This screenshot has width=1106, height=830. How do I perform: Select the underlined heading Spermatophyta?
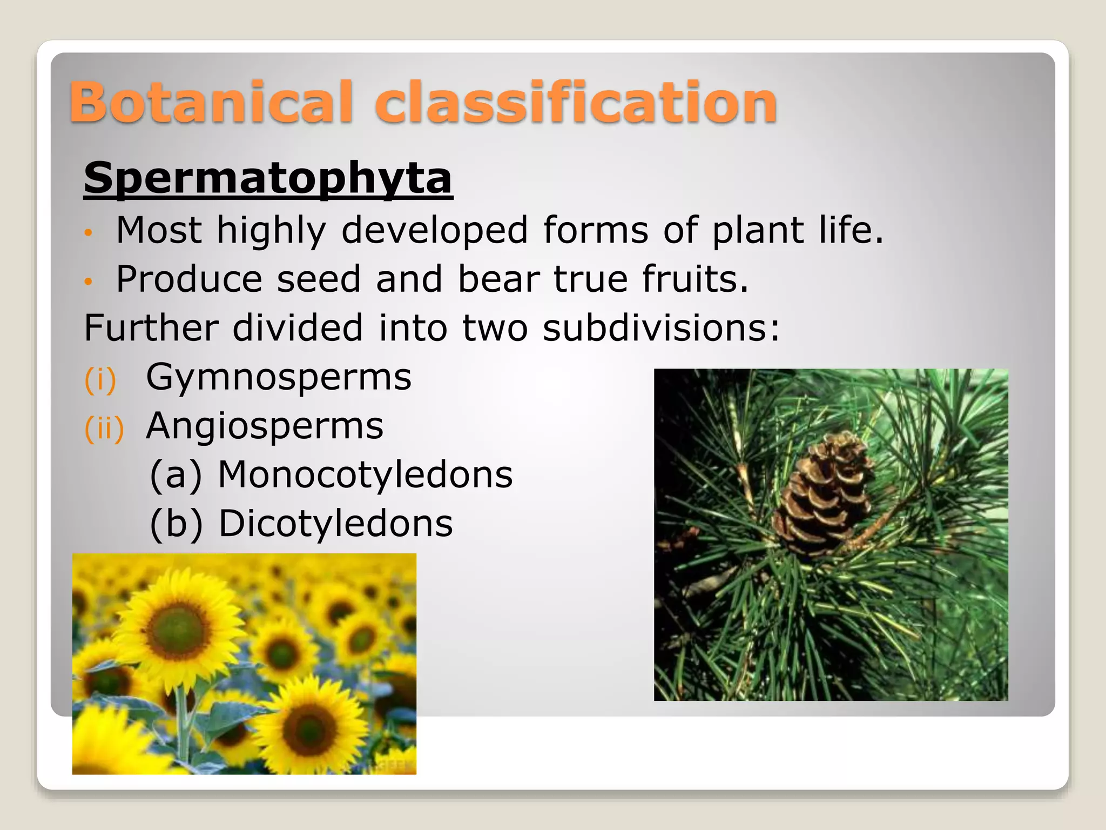click(x=268, y=178)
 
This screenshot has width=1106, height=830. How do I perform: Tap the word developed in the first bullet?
click(x=435, y=231)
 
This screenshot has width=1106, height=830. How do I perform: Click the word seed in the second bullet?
click(x=318, y=279)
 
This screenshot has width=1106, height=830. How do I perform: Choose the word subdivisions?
click(x=661, y=328)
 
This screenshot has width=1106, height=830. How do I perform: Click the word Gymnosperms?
click(x=279, y=377)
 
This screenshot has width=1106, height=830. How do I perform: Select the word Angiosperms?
click(x=265, y=426)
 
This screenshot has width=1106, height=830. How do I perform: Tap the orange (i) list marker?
click(x=100, y=379)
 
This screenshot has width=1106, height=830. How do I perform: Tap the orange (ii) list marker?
click(x=104, y=428)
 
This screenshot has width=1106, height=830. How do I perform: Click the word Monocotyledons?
click(x=365, y=475)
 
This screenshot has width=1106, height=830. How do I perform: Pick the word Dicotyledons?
click(x=335, y=524)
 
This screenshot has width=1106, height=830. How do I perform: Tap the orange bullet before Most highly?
click(x=89, y=233)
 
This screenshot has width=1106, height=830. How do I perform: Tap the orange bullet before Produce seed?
click(x=89, y=282)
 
